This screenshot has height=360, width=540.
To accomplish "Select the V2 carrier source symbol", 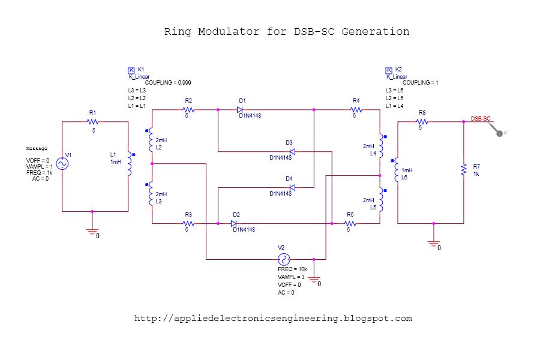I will click(x=283, y=259).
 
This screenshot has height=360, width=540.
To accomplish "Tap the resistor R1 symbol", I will click(x=92, y=121).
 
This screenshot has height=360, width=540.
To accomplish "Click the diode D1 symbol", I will click(x=240, y=110).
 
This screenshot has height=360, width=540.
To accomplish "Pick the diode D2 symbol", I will click(x=235, y=223).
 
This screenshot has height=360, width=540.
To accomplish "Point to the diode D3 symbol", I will click(x=292, y=151).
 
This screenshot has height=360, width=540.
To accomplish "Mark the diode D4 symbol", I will click(x=292, y=187).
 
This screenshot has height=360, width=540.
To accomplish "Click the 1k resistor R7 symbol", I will click(x=464, y=170).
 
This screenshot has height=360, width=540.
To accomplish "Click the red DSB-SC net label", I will click(x=481, y=118).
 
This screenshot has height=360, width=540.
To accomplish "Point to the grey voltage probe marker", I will click(x=499, y=133).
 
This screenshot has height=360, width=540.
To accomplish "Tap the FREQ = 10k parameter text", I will click(x=292, y=269).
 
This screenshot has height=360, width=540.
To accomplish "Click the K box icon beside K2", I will click(x=389, y=70).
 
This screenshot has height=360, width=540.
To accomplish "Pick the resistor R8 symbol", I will click(x=422, y=121).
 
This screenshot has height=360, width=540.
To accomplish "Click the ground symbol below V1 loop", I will click(x=92, y=232).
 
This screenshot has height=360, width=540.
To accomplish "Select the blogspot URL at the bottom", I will click(x=273, y=319).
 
